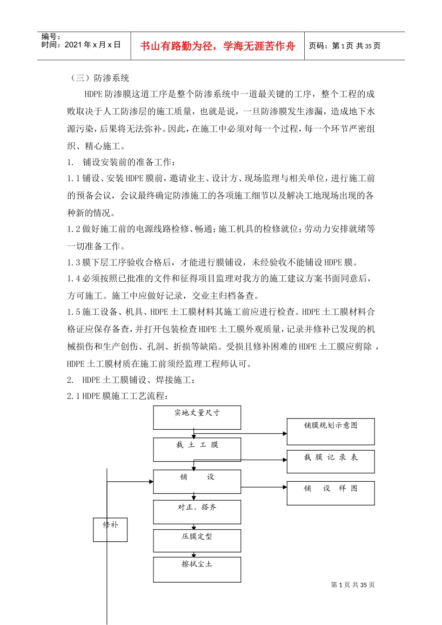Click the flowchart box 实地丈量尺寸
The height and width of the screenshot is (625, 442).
click(197, 417)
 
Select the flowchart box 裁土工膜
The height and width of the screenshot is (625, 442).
click(197, 449)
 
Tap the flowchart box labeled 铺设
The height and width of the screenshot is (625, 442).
click(197, 481)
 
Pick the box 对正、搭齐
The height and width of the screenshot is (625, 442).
click(197, 512)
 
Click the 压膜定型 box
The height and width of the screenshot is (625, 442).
click(197, 540)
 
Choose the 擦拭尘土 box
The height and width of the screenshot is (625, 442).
click(197, 569)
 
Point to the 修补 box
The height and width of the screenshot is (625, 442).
click(110, 529)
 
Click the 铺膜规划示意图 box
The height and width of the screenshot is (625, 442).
click(330, 431)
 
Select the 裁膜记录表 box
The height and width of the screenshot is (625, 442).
click(330, 461)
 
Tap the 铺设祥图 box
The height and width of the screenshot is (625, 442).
click(330, 493)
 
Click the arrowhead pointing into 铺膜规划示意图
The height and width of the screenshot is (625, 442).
click(285, 433)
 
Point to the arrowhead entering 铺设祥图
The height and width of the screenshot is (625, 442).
click(285, 487)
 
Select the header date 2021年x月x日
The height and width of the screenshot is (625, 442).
click(93, 45)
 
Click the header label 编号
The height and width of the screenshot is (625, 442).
click(50, 36)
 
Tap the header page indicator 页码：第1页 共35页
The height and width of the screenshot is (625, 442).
click(345, 46)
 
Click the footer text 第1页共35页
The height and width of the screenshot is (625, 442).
click(353, 585)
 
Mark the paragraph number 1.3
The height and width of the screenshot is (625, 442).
click(74, 262)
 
